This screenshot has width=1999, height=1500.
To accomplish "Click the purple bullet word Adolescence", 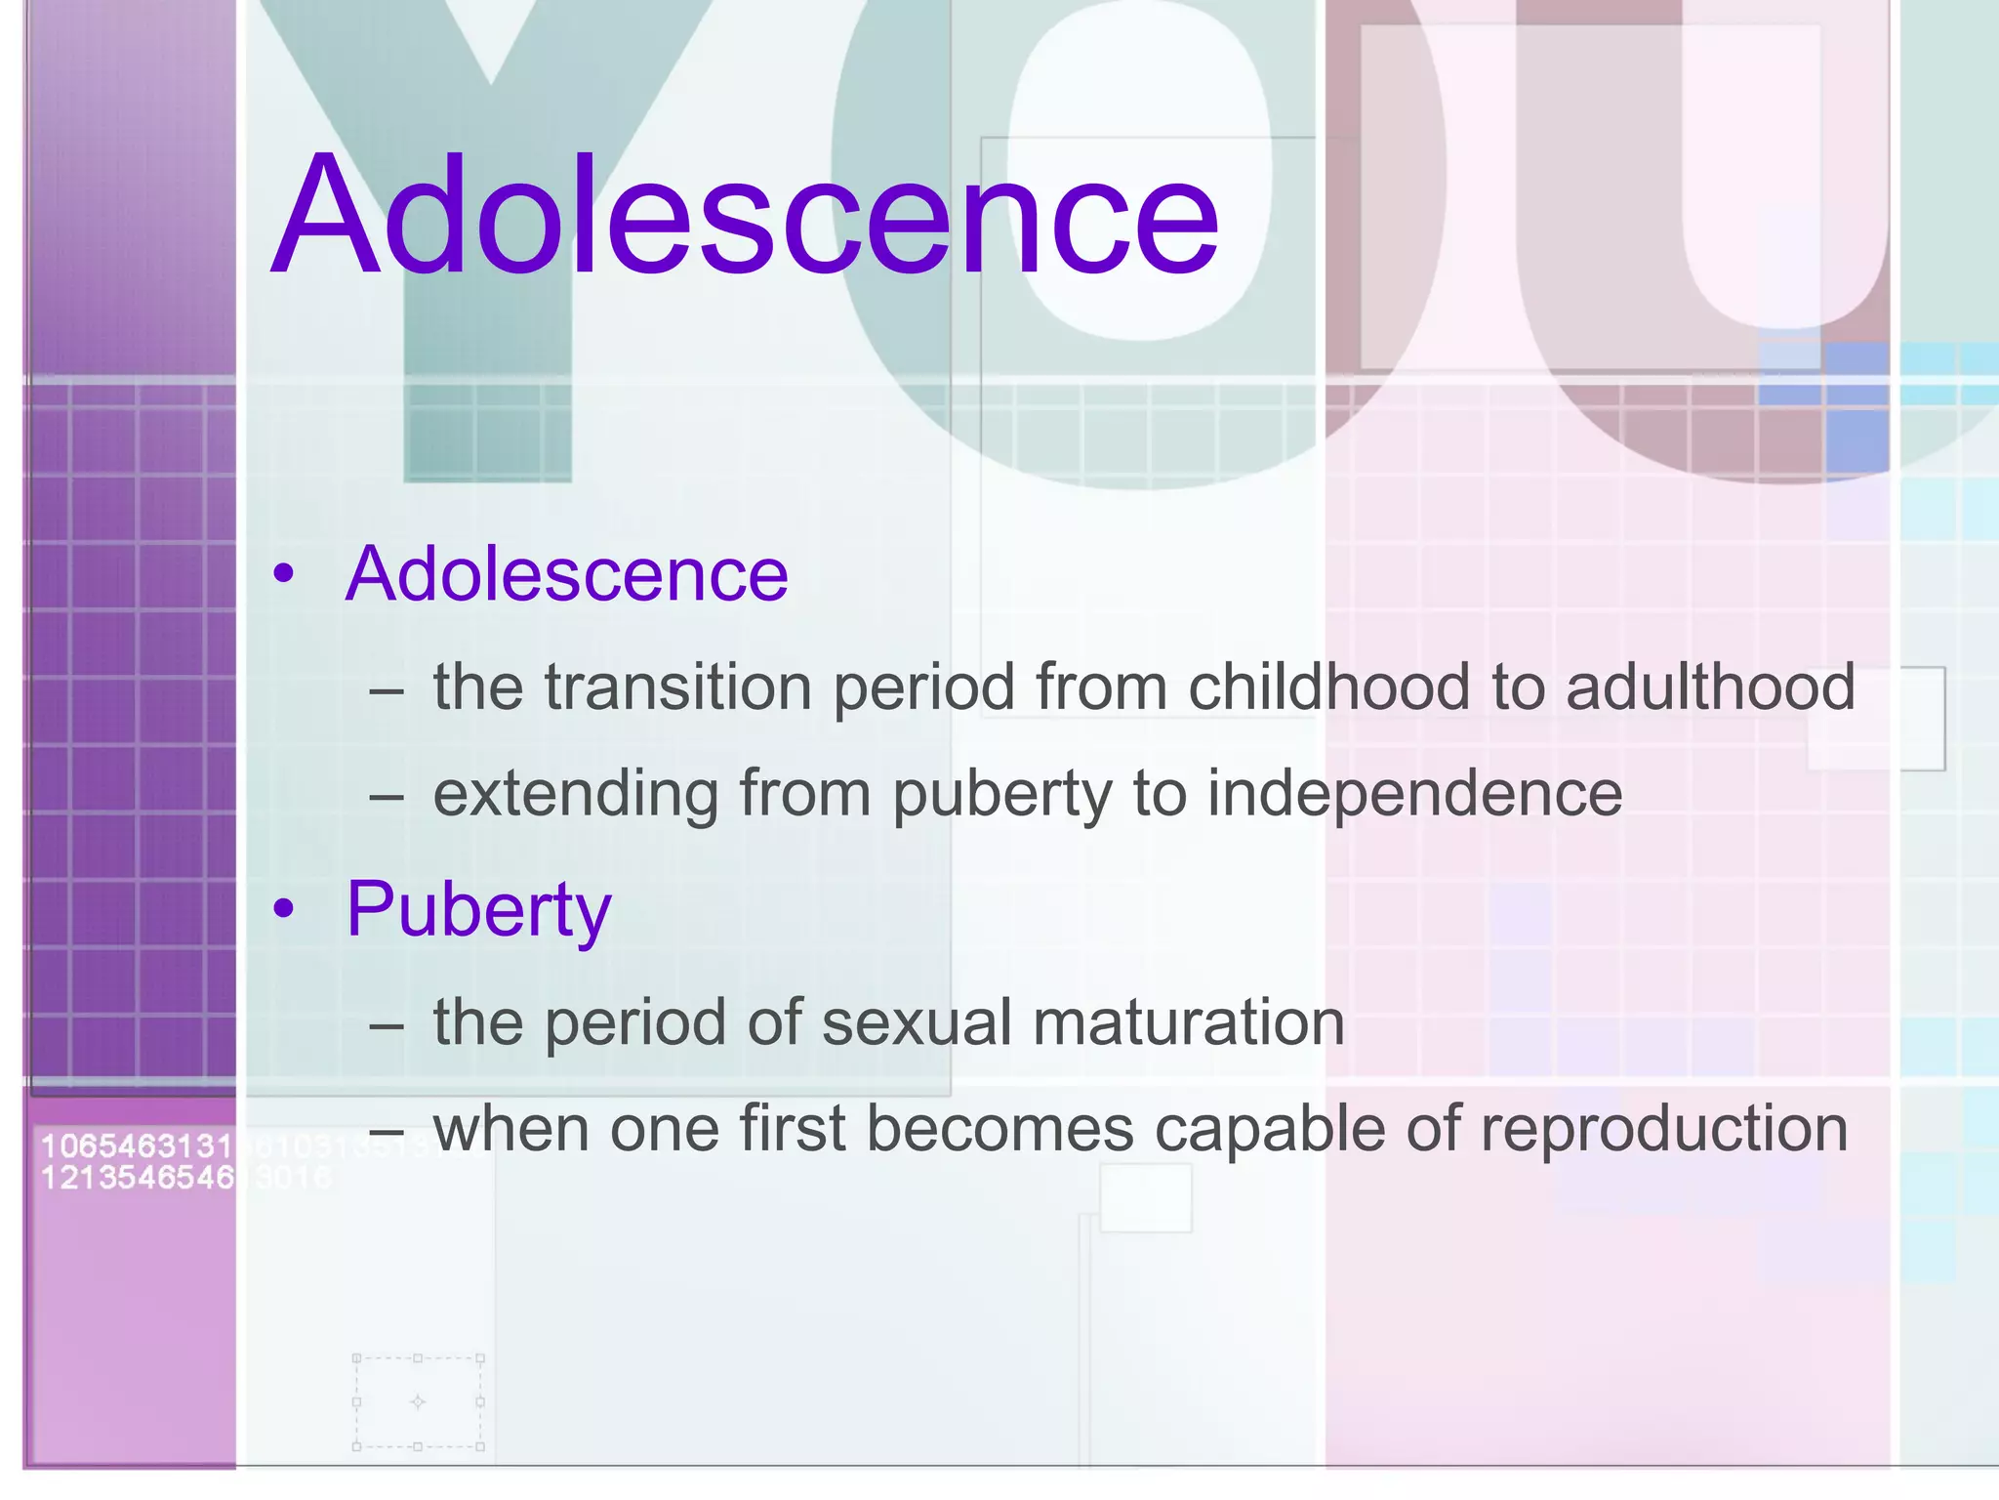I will click(x=566, y=574).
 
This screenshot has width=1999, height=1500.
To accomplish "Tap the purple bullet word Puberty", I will click(x=478, y=909).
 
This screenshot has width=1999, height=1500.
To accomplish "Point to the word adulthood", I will click(x=1710, y=687).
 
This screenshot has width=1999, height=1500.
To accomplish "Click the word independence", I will click(x=1414, y=793).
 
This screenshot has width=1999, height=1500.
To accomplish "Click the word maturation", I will click(x=1188, y=1022).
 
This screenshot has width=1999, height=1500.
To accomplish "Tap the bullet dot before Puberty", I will click(x=283, y=910).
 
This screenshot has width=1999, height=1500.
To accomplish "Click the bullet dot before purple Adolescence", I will click(x=283, y=574).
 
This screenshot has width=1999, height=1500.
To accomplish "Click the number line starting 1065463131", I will click(x=137, y=1146).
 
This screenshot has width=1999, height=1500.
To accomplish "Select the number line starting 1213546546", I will click(x=137, y=1178).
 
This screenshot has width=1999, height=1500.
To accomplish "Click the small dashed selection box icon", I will click(x=418, y=1401).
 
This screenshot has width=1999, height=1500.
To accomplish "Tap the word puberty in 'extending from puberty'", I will click(x=1001, y=795).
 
